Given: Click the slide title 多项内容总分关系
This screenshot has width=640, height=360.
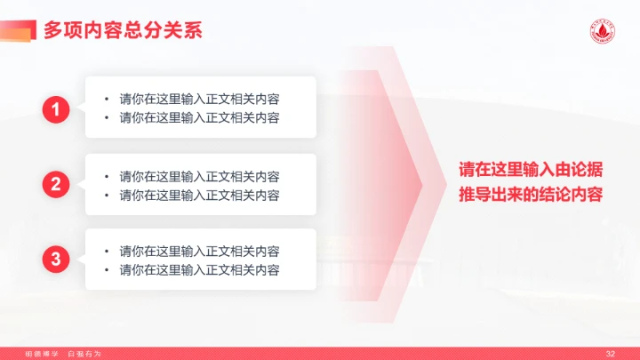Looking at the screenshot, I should tap(123, 30).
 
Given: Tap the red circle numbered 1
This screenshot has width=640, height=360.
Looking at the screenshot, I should tap(56, 109).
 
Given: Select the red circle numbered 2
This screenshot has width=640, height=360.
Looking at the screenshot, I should tap(56, 185).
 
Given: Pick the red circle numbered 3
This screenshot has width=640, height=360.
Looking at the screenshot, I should tap(56, 260).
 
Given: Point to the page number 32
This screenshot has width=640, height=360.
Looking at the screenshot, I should tap(610, 354).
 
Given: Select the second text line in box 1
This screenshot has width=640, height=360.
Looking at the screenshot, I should tap(200, 118).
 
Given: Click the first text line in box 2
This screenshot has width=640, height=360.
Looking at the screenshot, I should tap(200, 176).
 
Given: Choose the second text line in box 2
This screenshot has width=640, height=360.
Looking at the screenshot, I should tap(200, 195).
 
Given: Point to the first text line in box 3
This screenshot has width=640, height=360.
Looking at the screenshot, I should tap(200, 252).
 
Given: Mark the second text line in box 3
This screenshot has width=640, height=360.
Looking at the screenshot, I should tap(200, 269).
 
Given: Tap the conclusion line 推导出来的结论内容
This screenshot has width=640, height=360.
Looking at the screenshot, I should tap(531, 195).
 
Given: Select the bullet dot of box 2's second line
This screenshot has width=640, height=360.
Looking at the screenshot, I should tap(106, 195).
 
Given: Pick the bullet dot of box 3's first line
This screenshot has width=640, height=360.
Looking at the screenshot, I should tap(106, 252).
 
